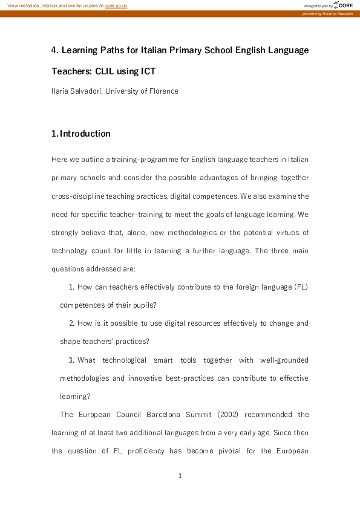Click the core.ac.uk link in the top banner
coord(116,5)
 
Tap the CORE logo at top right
coord(344,5)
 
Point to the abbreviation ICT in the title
coord(148,71)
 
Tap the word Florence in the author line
coord(163,91)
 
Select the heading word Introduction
coord(85,134)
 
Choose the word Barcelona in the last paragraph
coord(168,415)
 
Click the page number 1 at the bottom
coord(180,476)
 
